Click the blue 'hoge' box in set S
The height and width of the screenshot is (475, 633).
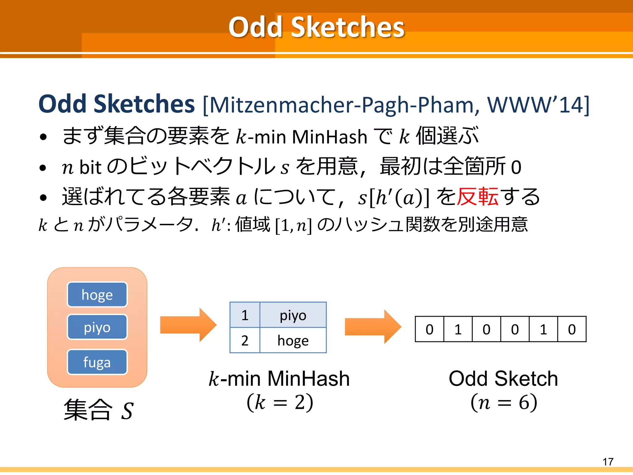point(97,295)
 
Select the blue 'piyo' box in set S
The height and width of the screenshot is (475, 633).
point(97,327)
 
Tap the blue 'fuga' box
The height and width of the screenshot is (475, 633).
point(97,362)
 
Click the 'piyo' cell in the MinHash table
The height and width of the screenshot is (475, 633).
point(293,315)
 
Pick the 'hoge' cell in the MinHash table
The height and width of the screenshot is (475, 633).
point(293,340)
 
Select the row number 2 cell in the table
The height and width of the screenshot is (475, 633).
point(245,340)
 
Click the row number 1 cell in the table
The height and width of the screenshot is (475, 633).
point(245,315)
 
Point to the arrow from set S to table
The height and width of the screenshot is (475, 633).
point(188,325)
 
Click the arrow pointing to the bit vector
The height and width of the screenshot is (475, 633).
point(372,327)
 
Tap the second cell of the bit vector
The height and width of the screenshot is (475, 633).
point(458,329)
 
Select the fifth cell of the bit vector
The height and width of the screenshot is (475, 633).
point(543,329)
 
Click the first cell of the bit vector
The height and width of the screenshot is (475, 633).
point(429,329)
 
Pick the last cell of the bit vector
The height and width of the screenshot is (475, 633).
point(572,329)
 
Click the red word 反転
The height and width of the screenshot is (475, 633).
point(478,197)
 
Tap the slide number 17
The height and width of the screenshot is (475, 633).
point(608,462)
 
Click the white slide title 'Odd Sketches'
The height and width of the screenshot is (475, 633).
point(316,27)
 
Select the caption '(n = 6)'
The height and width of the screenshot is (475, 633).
point(503,402)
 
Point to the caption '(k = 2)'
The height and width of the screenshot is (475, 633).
point(280,402)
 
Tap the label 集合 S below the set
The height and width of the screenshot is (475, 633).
point(98,410)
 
